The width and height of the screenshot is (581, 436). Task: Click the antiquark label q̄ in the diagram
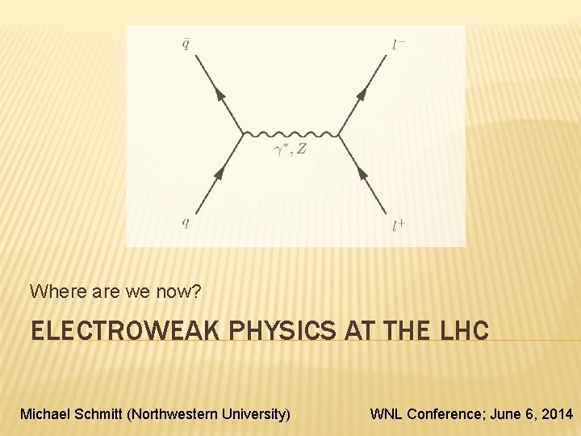[186, 44]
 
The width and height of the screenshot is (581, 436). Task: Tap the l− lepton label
[399, 44]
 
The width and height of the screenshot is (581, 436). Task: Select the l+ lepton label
[398, 225]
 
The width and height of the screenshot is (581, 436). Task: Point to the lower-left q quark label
[186, 224]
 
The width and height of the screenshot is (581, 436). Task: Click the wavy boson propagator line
[290, 133]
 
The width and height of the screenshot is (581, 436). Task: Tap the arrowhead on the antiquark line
[219, 94]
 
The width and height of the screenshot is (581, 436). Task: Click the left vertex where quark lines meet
[244, 133]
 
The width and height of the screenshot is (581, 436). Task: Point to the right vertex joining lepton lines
[339, 133]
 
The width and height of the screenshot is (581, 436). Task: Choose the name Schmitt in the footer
[96, 414]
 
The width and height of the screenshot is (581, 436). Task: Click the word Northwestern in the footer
[179, 414]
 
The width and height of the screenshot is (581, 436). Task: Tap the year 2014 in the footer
[556, 414]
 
